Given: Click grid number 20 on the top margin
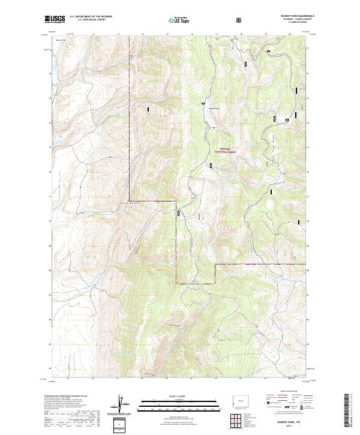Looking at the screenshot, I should (290, 34).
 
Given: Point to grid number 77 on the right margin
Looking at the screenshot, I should (308, 47).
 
